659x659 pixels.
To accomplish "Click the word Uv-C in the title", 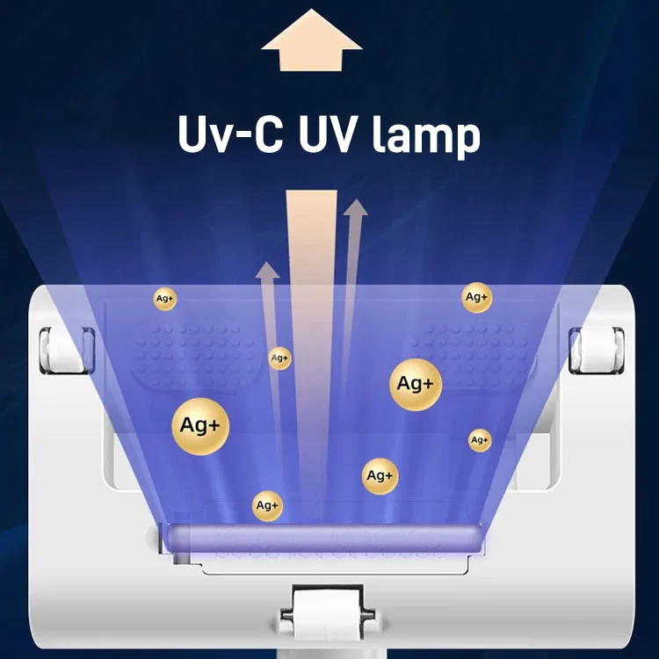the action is coord(230,134).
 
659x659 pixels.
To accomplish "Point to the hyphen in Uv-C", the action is coord(243,136).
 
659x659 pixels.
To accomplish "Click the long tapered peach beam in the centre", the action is coord(311,344).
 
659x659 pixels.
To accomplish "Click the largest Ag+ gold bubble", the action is coord(200,426).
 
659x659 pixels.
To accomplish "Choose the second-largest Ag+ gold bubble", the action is coord(416,384).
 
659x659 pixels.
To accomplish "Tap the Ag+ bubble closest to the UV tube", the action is coord(267,505).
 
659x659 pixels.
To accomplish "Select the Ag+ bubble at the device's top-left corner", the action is coord(165,299).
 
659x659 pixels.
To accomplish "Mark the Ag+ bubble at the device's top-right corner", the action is coord(476,298).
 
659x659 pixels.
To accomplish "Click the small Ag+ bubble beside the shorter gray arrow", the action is coord(279,358).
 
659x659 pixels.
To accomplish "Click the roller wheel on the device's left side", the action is coord(65,350).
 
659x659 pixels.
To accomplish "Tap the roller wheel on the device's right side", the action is coord(597,350).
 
